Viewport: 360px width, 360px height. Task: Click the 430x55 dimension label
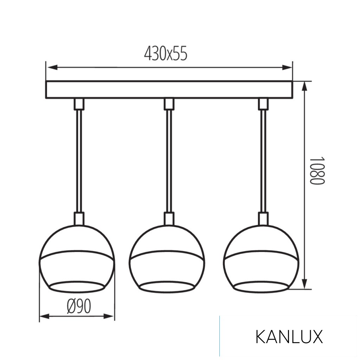click(166, 54)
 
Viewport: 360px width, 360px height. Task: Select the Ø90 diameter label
click(79, 307)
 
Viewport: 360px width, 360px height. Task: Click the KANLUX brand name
click(289, 337)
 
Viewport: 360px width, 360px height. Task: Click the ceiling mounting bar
click(169, 90)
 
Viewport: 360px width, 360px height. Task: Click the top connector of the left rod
click(79, 104)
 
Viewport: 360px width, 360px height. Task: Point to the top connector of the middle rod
click(169, 104)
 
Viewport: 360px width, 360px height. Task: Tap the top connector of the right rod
click(263, 104)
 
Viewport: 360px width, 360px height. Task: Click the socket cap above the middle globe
click(169, 218)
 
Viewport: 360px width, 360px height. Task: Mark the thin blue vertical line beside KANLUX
click(220, 336)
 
